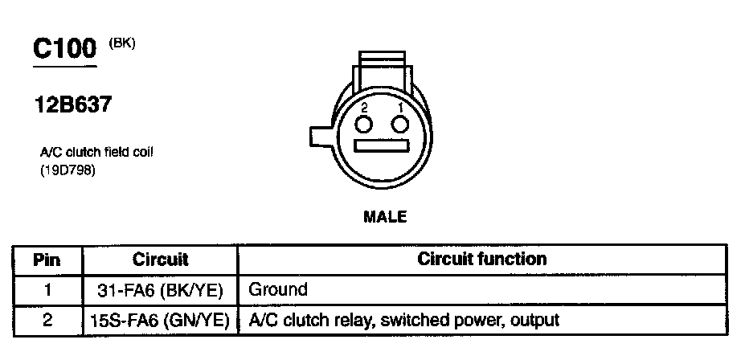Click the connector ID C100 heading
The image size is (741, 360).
coord(65,50)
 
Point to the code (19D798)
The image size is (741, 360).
coord(68,169)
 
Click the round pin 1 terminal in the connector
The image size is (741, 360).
coord(400,124)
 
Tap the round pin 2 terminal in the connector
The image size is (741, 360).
coord(364,124)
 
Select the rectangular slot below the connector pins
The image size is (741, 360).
coord(383,149)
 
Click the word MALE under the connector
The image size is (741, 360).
coord(385,216)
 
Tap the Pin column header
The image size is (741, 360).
coord(47,260)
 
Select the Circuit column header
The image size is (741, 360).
coord(160,260)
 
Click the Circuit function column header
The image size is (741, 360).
coord(482,260)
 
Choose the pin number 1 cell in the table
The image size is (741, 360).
coord(47,289)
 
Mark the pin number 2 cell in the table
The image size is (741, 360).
coord(47,320)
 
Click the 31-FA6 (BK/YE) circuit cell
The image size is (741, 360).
coord(160,289)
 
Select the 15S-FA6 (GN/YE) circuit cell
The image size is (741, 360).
coord(160,320)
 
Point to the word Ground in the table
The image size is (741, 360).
coord(278,289)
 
